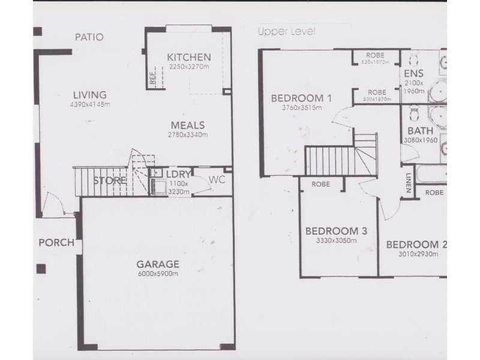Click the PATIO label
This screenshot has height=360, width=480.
(x=89, y=37)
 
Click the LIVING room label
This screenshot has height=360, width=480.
(x=89, y=95)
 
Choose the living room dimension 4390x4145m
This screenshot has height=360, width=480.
(x=89, y=104)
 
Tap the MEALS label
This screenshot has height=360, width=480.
(x=188, y=125)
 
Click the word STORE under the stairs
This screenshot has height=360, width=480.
(x=109, y=180)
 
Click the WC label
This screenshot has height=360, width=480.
(x=217, y=180)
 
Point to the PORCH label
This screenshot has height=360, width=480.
(x=56, y=243)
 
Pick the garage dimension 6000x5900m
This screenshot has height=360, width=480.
(x=158, y=273)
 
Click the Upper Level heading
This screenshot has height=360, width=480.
(x=286, y=31)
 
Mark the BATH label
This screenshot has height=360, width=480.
(x=416, y=131)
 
